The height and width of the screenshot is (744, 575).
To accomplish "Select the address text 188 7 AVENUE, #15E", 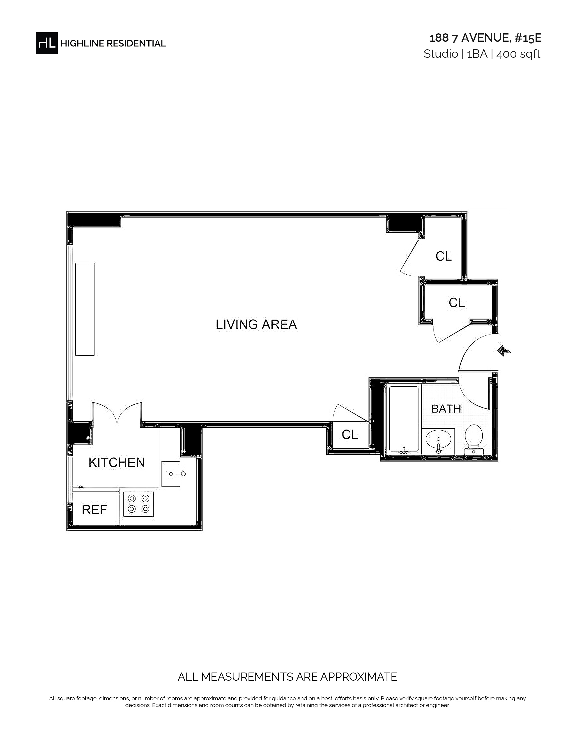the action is pos(485,38).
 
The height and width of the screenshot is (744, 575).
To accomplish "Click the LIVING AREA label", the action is pos(256,324).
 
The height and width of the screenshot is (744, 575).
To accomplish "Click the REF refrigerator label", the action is pos(94,510).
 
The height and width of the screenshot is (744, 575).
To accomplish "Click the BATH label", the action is pos(446,409).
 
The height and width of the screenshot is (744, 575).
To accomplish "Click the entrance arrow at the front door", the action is pos(504,351).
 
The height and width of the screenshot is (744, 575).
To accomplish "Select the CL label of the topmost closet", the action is pos(444,256).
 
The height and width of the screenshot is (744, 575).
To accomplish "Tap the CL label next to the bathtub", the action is pos(350,435).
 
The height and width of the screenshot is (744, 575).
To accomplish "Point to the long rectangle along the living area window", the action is pos(85,309).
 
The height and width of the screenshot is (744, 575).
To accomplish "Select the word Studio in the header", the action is pos(441,54).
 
